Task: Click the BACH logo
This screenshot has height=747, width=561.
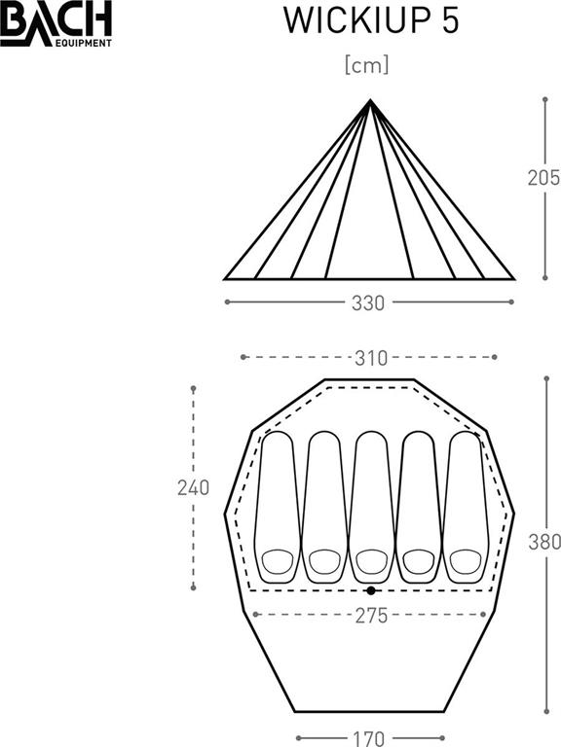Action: (x=56, y=23)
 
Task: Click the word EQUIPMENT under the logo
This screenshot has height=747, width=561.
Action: (x=84, y=44)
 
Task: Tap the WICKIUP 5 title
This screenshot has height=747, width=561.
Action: (x=371, y=21)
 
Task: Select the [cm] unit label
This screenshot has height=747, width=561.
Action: (x=367, y=65)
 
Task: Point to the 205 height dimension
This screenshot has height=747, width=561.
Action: (x=543, y=177)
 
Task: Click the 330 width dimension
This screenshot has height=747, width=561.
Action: (x=368, y=303)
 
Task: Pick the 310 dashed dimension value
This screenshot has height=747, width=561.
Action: (x=371, y=358)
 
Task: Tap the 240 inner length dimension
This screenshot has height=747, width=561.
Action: (x=193, y=488)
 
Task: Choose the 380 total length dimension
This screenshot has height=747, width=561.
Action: (x=544, y=542)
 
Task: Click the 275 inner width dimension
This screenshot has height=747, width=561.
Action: (x=371, y=616)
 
